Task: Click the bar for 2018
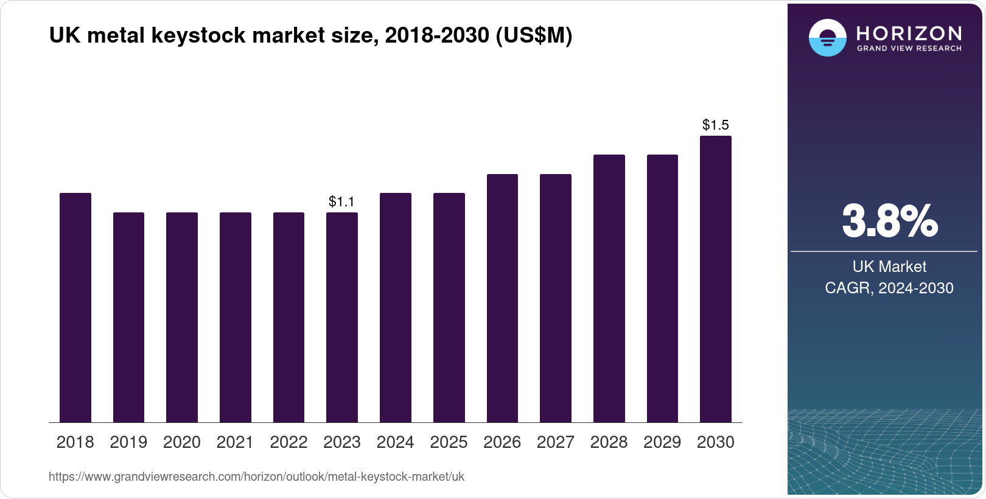point(75,307)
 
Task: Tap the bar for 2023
point(341,317)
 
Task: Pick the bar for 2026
point(502,298)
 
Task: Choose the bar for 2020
point(182,317)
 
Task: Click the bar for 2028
point(609,288)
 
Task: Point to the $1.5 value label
point(715,125)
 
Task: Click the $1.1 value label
point(341,201)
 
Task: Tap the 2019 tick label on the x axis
point(128,442)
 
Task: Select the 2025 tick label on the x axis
point(449,442)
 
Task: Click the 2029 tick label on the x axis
point(662,442)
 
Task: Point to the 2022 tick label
point(288,442)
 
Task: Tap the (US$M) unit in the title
point(534,36)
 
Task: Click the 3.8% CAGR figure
point(889,222)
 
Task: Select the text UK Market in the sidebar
point(889,267)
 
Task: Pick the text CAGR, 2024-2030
point(889,288)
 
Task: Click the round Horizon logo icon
point(827,38)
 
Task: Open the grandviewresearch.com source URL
point(256,477)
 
